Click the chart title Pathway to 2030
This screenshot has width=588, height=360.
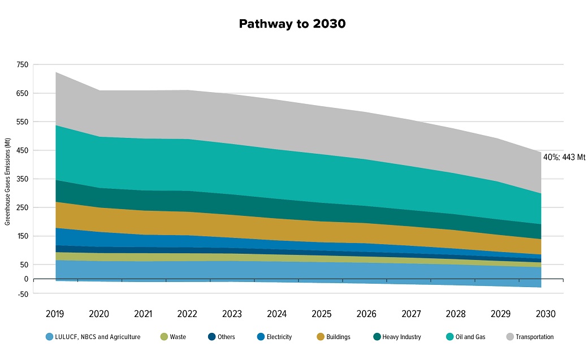pyautogui.click(x=292, y=24)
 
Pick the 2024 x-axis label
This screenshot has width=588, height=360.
pyautogui.click(x=276, y=313)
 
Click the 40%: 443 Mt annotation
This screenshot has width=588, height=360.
pyautogui.click(x=564, y=157)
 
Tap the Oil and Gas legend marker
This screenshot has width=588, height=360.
pyautogui.click(x=449, y=337)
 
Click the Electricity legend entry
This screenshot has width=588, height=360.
pyautogui.click(x=275, y=337)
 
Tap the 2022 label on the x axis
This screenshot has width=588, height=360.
pyautogui.click(x=188, y=313)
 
